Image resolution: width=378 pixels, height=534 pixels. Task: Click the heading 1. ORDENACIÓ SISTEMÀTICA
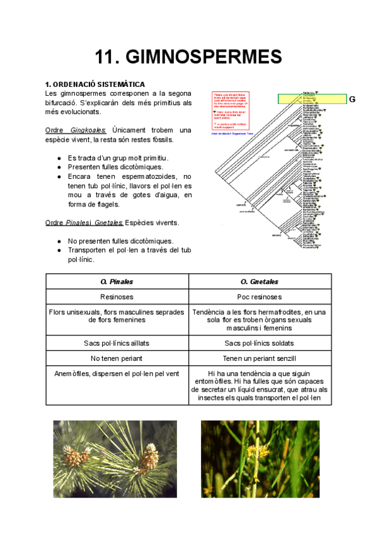pyautogui.click(x=95, y=84)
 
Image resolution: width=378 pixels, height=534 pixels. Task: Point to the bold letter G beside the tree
pyautogui.click(x=352, y=99)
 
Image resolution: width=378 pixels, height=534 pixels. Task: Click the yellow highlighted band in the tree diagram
pyautogui.click(x=312, y=99)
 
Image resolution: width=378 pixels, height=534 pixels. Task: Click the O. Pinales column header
pyautogui.click(x=117, y=281)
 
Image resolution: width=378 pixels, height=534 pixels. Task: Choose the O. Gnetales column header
pyautogui.click(x=260, y=281)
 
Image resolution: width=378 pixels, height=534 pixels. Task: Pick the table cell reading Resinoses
pyautogui.click(x=117, y=297)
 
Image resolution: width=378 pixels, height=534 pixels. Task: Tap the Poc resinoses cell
pyautogui.click(x=260, y=297)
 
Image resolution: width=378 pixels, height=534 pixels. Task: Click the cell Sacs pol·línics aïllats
pyautogui.click(x=117, y=343)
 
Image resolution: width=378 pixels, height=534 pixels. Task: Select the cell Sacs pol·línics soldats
pyautogui.click(x=260, y=343)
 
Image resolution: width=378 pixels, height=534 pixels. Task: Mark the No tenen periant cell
pyautogui.click(x=117, y=358)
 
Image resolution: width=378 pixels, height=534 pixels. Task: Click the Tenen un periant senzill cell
pyautogui.click(x=260, y=358)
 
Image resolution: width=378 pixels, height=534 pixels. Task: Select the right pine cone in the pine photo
pyautogui.click(x=147, y=457)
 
